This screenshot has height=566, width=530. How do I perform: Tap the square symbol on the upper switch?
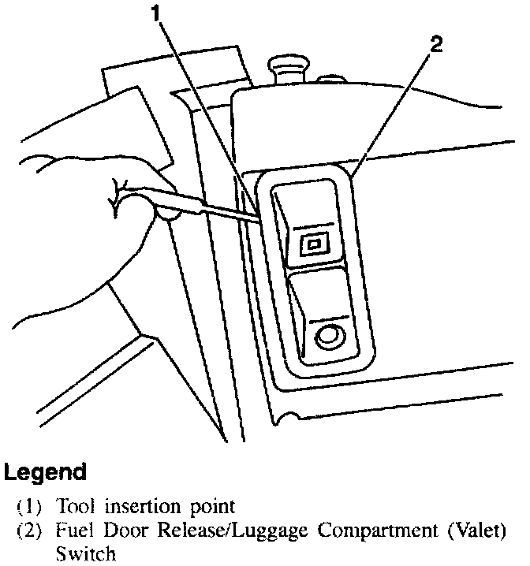click(313, 244)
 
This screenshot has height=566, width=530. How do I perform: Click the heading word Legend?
click(45, 473)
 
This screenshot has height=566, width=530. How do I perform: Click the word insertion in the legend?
click(139, 504)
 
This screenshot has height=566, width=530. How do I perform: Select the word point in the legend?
click(208, 504)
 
